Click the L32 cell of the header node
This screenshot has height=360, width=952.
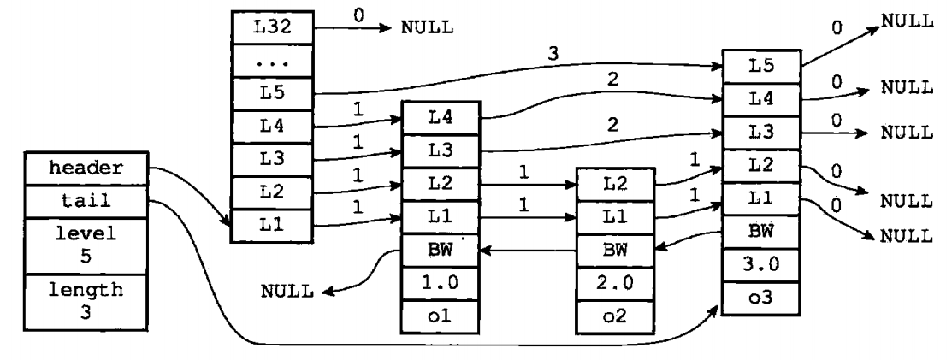coord(272,27)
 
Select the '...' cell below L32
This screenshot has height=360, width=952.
coord(272,61)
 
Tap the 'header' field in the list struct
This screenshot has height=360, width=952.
coord(86,168)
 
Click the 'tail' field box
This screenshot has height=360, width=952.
coord(86,202)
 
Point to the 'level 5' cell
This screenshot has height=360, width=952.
coord(86,246)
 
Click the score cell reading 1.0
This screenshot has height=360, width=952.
coord(441,284)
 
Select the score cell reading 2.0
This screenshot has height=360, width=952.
coord(615,284)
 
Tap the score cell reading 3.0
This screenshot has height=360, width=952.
coord(760,265)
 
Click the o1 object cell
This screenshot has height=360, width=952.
coord(441,316)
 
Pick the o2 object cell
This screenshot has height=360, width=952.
coord(615,316)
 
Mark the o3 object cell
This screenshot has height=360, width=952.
coord(760,298)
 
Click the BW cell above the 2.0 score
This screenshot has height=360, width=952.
coord(615,250)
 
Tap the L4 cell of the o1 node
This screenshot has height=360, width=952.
coord(441,118)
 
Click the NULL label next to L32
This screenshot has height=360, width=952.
coord(427,28)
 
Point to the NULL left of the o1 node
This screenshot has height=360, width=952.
coord(287,292)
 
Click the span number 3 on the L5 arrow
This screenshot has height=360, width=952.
coord(552,53)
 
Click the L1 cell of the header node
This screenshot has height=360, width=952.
coord(272,226)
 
